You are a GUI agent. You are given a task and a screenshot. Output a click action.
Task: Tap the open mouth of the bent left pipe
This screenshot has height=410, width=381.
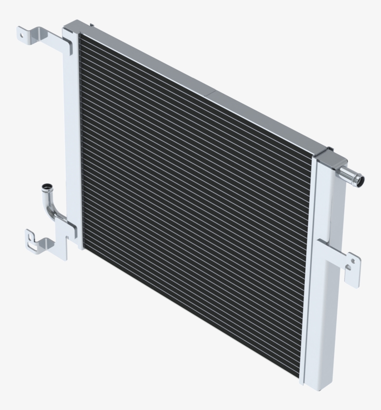[x=46, y=188]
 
